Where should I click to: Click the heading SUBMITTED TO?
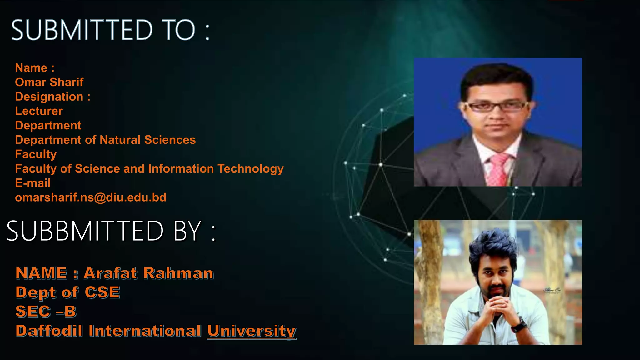point(110,30)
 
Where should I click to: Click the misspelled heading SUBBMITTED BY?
point(111,231)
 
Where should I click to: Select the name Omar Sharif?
point(49,82)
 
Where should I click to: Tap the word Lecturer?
point(39,111)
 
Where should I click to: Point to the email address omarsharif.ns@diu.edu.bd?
point(91,197)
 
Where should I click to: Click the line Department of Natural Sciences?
point(105,140)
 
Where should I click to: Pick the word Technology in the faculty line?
point(251,169)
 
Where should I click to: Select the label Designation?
point(49,97)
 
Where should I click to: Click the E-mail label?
point(33,183)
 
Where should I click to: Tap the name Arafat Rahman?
point(149,273)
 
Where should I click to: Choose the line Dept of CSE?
point(68,292)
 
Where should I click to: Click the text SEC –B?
point(46,312)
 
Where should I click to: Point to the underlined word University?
point(252,331)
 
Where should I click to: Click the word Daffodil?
point(49,331)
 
